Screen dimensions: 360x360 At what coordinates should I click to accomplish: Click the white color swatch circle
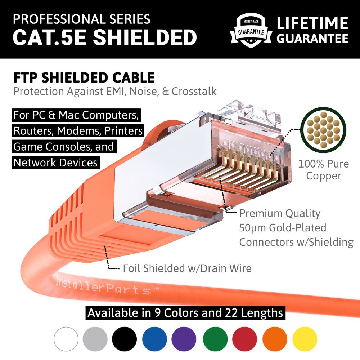click(x=66, y=339)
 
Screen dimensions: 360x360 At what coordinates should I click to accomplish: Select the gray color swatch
click(x=95, y=339)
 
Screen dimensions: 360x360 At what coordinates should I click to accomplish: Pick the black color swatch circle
click(x=124, y=339)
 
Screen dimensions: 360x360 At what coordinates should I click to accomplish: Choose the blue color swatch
click(x=154, y=339)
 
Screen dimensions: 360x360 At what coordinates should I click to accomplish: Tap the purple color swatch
click(x=184, y=339)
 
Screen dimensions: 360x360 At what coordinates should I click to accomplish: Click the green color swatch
click(x=215, y=339)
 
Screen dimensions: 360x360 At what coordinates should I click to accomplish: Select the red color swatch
click(x=244, y=339)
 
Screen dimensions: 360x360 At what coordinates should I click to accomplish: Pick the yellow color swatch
click(x=305, y=339)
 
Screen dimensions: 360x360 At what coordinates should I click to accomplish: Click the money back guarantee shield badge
click(x=251, y=30)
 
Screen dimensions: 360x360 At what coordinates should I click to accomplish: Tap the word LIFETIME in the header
click(x=312, y=23)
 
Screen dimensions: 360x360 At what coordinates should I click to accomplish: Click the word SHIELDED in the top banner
click(x=145, y=37)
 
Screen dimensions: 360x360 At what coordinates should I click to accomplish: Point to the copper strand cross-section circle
click(x=323, y=130)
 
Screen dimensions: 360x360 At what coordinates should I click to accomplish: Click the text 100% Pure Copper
click(x=324, y=170)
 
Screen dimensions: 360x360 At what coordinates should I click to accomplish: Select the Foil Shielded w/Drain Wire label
click(x=187, y=268)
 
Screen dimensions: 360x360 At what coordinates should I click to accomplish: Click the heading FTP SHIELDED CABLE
click(x=84, y=77)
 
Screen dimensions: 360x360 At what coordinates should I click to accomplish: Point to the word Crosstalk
click(x=194, y=91)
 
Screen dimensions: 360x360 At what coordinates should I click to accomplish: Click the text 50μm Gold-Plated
click(x=283, y=228)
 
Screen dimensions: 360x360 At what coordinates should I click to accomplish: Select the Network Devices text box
click(x=56, y=163)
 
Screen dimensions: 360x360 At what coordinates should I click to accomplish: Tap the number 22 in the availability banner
click(x=231, y=313)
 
